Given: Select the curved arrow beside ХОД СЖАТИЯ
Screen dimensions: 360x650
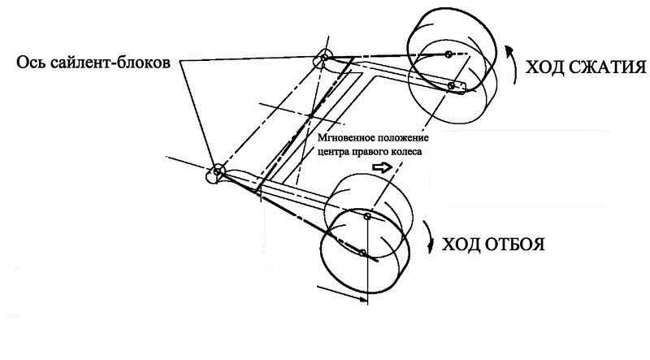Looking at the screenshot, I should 510,60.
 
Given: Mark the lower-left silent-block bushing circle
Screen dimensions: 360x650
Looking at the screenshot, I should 218,171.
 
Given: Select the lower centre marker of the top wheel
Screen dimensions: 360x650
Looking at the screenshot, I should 451,85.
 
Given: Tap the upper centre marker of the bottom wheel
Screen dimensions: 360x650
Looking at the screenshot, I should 366,217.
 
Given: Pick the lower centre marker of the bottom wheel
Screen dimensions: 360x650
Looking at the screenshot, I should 362,254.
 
